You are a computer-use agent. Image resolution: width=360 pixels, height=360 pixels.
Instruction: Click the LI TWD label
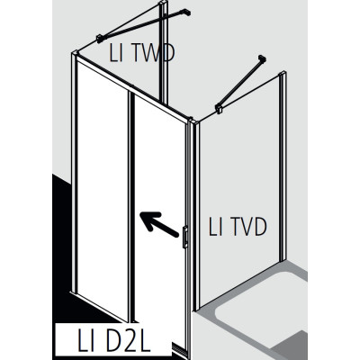point(141,53)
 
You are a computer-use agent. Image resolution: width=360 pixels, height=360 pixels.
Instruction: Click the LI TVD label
point(238,227)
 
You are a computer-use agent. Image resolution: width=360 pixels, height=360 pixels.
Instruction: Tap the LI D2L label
point(113,341)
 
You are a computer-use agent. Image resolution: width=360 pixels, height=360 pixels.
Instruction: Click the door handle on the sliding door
point(185,237)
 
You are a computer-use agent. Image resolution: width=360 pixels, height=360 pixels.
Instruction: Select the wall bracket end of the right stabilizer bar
point(263,58)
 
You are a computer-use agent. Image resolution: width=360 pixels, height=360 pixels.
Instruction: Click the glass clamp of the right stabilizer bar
point(219,109)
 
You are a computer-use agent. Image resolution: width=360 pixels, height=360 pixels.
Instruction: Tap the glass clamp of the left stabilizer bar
point(100,39)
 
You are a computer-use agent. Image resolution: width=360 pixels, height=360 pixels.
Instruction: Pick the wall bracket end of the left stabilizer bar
point(186,13)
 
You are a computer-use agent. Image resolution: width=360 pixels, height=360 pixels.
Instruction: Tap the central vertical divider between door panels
point(131,207)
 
